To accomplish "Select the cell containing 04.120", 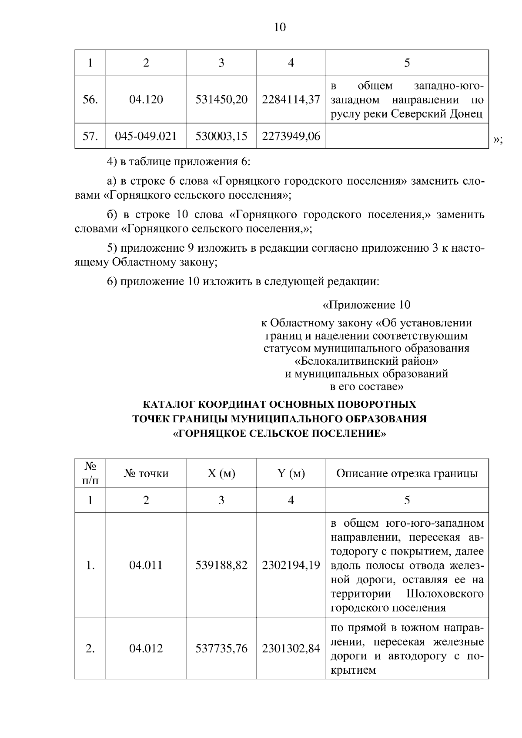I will tap(146, 100).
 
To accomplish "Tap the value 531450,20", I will tap(221, 100).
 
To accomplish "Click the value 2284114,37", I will tap(291, 100).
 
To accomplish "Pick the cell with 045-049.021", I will tap(146, 136).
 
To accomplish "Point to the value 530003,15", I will tap(221, 136).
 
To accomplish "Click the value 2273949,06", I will tap(291, 136).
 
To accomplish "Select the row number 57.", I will tap(90, 136).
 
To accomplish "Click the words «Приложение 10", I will tap(366, 305).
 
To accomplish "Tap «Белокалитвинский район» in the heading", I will tap(366, 361).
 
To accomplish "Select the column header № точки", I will tap(146, 473).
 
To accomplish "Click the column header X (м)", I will tap(221, 473).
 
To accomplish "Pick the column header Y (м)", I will tap(291, 473).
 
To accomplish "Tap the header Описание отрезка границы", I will tap(407, 473).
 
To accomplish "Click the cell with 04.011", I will tap(146, 565).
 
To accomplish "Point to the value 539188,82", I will tap(221, 565).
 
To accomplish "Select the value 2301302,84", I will tap(291, 649).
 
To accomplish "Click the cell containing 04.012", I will tap(146, 649).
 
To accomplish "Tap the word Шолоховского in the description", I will tap(445, 594).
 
